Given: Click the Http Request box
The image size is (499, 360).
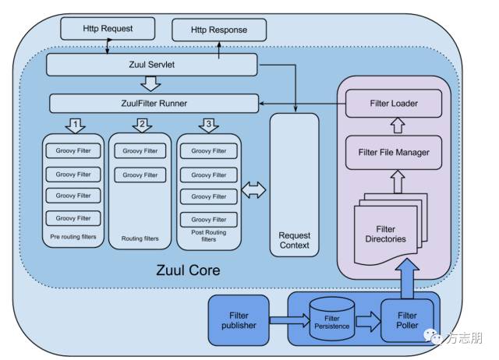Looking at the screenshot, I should (108, 29).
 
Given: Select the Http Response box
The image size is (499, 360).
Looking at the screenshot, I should (219, 30).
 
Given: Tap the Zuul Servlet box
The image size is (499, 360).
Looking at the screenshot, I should (151, 65).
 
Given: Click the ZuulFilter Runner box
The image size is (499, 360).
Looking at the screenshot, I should (154, 103).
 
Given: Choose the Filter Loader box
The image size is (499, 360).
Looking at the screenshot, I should (393, 102).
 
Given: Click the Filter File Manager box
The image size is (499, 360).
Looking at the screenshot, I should (393, 152).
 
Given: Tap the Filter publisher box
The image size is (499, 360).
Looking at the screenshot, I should (238, 319).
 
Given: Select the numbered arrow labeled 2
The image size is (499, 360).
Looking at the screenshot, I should (141, 125).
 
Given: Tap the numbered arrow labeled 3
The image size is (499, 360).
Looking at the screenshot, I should (207, 125).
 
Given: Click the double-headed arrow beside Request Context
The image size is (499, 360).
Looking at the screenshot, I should (254, 189).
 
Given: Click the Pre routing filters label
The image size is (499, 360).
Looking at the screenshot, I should (74, 235).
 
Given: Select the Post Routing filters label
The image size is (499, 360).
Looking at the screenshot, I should (208, 236).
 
